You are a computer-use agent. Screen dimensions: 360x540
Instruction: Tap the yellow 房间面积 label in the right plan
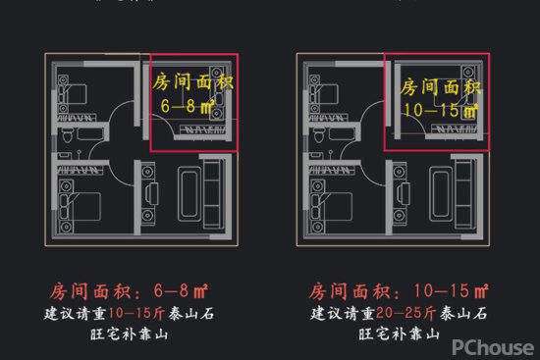[440, 86]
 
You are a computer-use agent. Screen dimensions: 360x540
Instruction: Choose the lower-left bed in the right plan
[330, 205]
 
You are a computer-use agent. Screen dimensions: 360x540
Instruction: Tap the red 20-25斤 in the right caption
[394, 314]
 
